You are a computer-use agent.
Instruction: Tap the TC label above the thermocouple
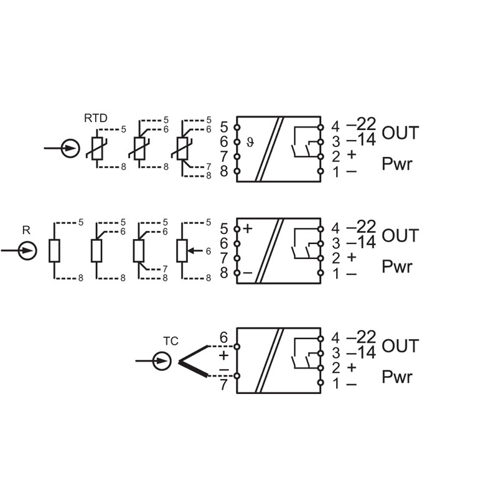(171, 341)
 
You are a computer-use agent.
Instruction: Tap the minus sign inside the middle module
(248, 273)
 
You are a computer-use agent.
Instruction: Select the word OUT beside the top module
(400, 133)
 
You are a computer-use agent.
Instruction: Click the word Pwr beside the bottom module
(397, 377)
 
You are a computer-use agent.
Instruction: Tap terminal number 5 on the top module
(224, 126)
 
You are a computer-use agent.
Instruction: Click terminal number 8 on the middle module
(224, 273)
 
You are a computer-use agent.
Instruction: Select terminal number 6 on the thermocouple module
(224, 338)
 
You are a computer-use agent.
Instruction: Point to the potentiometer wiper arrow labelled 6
(195, 250)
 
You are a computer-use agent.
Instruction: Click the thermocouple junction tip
(179, 361)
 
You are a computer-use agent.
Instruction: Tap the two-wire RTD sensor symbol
(96, 148)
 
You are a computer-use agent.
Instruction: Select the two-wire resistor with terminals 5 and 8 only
(54, 250)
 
